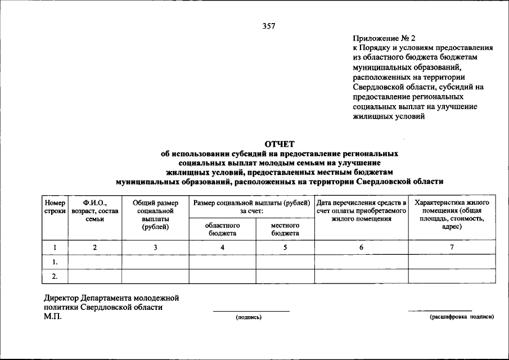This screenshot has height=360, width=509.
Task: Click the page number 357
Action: [269, 25]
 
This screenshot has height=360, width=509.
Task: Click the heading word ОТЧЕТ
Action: [279, 144]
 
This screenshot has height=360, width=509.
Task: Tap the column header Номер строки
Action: [55, 206]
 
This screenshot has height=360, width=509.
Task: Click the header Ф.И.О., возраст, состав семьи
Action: [94, 210]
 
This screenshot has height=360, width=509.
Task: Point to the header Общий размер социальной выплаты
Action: [155, 214]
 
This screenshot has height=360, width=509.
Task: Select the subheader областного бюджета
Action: [222, 229]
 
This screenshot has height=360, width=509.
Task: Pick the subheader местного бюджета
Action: [285, 229]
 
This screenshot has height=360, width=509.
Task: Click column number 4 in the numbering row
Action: [222, 247]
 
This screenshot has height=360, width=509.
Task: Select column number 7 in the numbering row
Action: [452, 247]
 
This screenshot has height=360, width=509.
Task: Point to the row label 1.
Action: [55, 262]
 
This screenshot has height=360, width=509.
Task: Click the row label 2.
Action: [55, 276]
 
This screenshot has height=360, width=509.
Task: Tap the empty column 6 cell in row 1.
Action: [361, 262]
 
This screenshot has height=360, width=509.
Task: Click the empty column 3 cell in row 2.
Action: [155, 276]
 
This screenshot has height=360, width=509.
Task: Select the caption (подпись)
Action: [249, 318]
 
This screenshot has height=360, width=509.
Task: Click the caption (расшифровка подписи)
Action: [461, 317]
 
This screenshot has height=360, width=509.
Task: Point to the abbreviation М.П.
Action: [53, 316]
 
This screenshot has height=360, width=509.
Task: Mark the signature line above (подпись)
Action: [251, 311]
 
